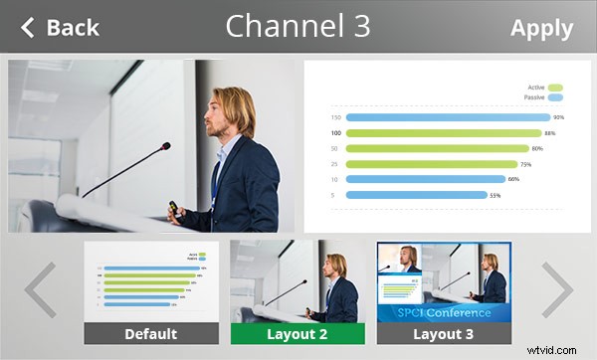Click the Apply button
pyautogui.click(x=541, y=28)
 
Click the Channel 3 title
pyautogui.click(x=298, y=27)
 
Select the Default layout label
pyautogui.click(x=150, y=334)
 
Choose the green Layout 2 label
pyautogui.click(x=297, y=334)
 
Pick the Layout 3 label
pyautogui.click(x=444, y=334)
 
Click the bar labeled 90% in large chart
pyautogui.click(x=448, y=117)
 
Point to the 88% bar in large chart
pyautogui.click(x=443, y=133)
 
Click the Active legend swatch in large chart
pyautogui.click(x=555, y=88)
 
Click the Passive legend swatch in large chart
pyautogui.click(x=555, y=97)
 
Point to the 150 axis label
pyautogui.click(x=336, y=117)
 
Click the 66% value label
pyautogui.click(x=513, y=180)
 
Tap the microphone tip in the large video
pyautogui.click(x=165, y=146)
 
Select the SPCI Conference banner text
pyautogui.click(x=444, y=313)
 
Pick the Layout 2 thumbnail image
pyautogui.click(x=297, y=281)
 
